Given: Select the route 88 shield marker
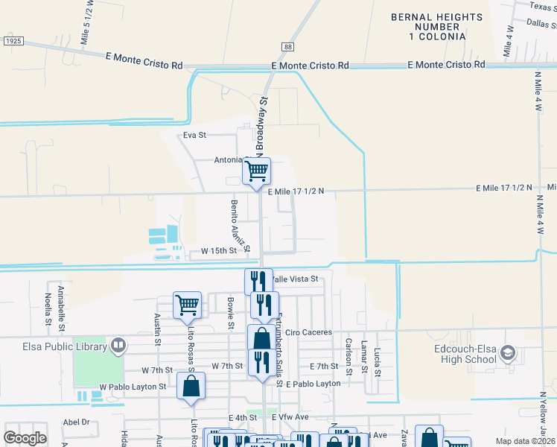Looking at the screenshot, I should coord(287,46).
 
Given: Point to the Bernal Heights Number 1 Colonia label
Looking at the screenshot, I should coord(428,26).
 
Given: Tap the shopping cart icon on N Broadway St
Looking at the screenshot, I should coord(257,171).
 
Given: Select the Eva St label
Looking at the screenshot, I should coord(194,135).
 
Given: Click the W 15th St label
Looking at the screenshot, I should coord(209,251).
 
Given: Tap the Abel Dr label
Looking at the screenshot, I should coord(76,422).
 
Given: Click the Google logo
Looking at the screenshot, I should coord(25,437).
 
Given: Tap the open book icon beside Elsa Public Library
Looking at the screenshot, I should coord(118,345).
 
